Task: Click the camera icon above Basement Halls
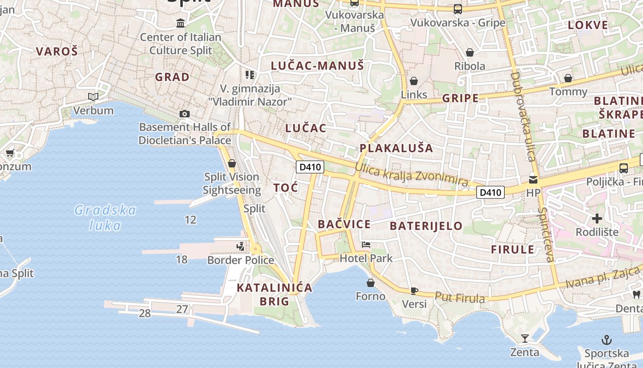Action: (x=185, y=114)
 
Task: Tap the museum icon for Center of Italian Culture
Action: (x=180, y=23)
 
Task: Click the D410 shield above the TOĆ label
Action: (x=310, y=167)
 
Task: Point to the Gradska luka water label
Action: (x=105, y=218)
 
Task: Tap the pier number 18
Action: (x=181, y=259)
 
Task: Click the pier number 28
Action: (x=145, y=313)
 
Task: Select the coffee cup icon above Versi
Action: (x=414, y=290)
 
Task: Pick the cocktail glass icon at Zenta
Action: (x=525, y=339)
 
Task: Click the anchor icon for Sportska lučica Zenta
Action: (x=607, y=340)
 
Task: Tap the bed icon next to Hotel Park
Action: (x=366, y=245)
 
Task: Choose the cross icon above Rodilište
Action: (x=597, y=218)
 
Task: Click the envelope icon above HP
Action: (x=533, y=179)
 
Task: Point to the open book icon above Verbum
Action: (x=93, y=97)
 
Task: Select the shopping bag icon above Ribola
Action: (x=469, y=52)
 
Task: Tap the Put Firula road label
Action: (x=459, y=298)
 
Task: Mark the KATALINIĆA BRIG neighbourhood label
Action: (x=274, y=294)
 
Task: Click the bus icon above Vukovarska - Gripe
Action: (x=457, y=9)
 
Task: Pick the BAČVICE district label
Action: (x=344, y=224)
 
